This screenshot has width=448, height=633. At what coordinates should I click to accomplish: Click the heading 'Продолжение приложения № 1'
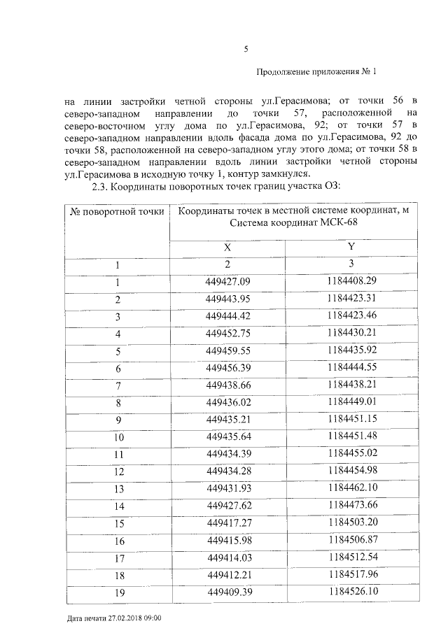tap(316, 72)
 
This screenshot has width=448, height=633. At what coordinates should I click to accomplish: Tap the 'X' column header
tap(227, 248)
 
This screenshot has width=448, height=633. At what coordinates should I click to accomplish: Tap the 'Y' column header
tap(351, 248)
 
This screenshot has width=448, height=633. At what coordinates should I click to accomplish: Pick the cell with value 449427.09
tap(227, 282)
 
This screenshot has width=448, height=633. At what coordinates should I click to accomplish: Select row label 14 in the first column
tap(118, 506)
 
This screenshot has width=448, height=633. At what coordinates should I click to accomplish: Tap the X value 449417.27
tap(227, 522)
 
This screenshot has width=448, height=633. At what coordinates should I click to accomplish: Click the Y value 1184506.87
tap(352, 540)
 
